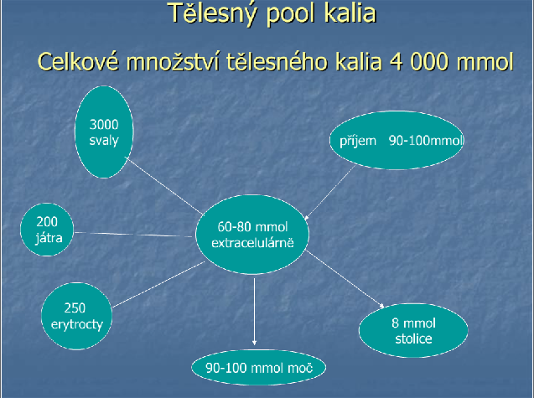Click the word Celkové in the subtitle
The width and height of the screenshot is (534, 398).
pos(79,62)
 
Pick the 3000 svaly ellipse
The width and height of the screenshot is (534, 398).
pos(104,132)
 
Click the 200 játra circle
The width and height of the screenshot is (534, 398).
pos(47,230)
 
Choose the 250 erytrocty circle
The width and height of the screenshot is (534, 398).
pos(76,316)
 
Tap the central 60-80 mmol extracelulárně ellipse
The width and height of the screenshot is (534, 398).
pos(252,235)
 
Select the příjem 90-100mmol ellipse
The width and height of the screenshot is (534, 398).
pos(397,140)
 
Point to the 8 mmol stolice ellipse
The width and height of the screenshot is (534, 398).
pos(413,330)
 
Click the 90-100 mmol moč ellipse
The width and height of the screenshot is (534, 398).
pos(259,368)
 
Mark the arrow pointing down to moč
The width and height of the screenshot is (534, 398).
pos(254,312)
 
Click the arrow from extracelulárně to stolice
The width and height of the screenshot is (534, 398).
pos(345,279)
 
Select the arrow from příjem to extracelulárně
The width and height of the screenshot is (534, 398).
pos(330,193)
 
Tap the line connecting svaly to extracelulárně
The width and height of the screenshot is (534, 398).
pos(164,185)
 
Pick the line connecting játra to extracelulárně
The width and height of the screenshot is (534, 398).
pos(133,235)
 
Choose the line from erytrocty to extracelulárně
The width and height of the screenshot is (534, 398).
pos(158,285)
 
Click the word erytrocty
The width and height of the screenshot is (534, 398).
pos(77,324)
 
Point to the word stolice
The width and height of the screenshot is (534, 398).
pos(413,339)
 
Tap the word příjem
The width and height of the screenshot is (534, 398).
pos(358,141)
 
